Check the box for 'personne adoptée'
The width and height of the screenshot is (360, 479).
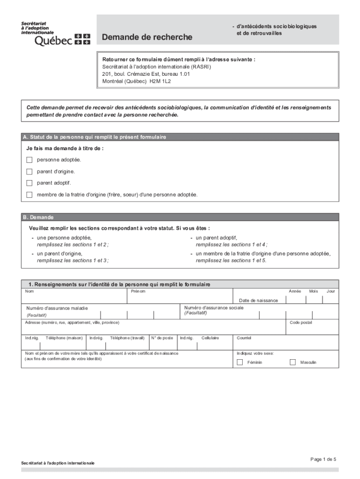[x=29, y=160]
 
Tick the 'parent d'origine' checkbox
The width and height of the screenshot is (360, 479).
[x=29, y=172]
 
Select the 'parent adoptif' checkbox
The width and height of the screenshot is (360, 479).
[x=29, y=183]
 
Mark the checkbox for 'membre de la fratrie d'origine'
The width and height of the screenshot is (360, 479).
[x=29, y=195]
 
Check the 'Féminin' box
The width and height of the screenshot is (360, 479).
[x=240, y=362]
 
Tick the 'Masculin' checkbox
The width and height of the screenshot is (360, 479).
[x=293, y=362]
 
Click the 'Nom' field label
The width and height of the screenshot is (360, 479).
[x=29, y=291]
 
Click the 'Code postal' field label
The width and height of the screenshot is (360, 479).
[x=301, y=322]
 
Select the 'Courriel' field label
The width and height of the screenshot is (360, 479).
[x=244, y=338]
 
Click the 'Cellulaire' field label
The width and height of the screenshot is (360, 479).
[x=210, y=338]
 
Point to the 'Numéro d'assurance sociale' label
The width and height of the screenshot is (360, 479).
[x=214, y=308]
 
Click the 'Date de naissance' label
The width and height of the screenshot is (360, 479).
[x=258, y=300]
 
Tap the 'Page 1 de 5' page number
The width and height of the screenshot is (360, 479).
[x=323, y=459]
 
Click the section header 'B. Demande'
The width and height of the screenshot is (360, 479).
[x=38, y=218]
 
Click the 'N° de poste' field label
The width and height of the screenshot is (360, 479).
[x=162, y=338]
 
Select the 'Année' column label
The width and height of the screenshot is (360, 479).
[x=295, y=291]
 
